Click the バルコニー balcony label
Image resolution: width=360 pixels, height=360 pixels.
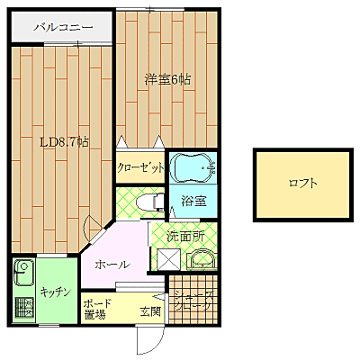click(63, 27)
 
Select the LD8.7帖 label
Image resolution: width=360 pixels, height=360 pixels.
click(64, 141)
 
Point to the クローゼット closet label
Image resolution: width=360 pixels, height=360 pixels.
click(140, 167)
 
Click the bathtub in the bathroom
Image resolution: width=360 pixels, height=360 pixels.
click(191, 167)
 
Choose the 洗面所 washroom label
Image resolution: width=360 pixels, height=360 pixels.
click(189, 236)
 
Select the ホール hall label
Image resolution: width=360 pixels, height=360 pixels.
click(114, 265)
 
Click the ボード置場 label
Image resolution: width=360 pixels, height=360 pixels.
click(95, 310)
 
